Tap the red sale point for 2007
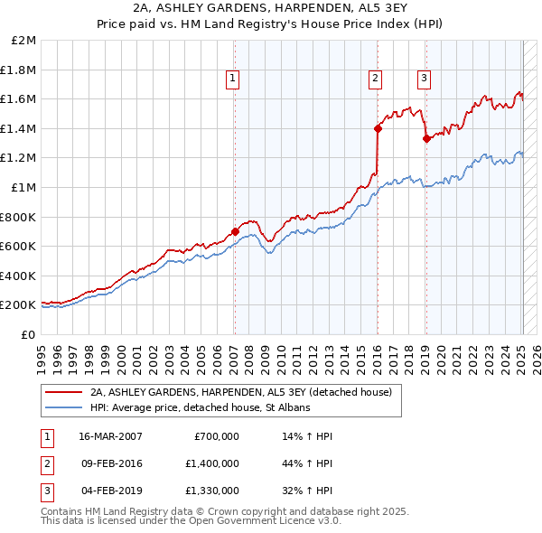click(x=235, y=231)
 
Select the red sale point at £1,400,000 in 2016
click(x=378, y=128)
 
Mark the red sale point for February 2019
click(x=425, y=138)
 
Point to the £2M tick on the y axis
click(x=24, y=41)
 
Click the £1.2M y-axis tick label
click(x=20, y=158)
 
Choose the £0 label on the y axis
click(x=28, y=334)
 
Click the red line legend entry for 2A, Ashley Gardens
click(x=239, y=392)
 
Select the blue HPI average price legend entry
click(x=199, y=408)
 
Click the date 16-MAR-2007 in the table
click(x=110, y=436)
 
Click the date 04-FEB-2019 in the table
click(x=110, y=491)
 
